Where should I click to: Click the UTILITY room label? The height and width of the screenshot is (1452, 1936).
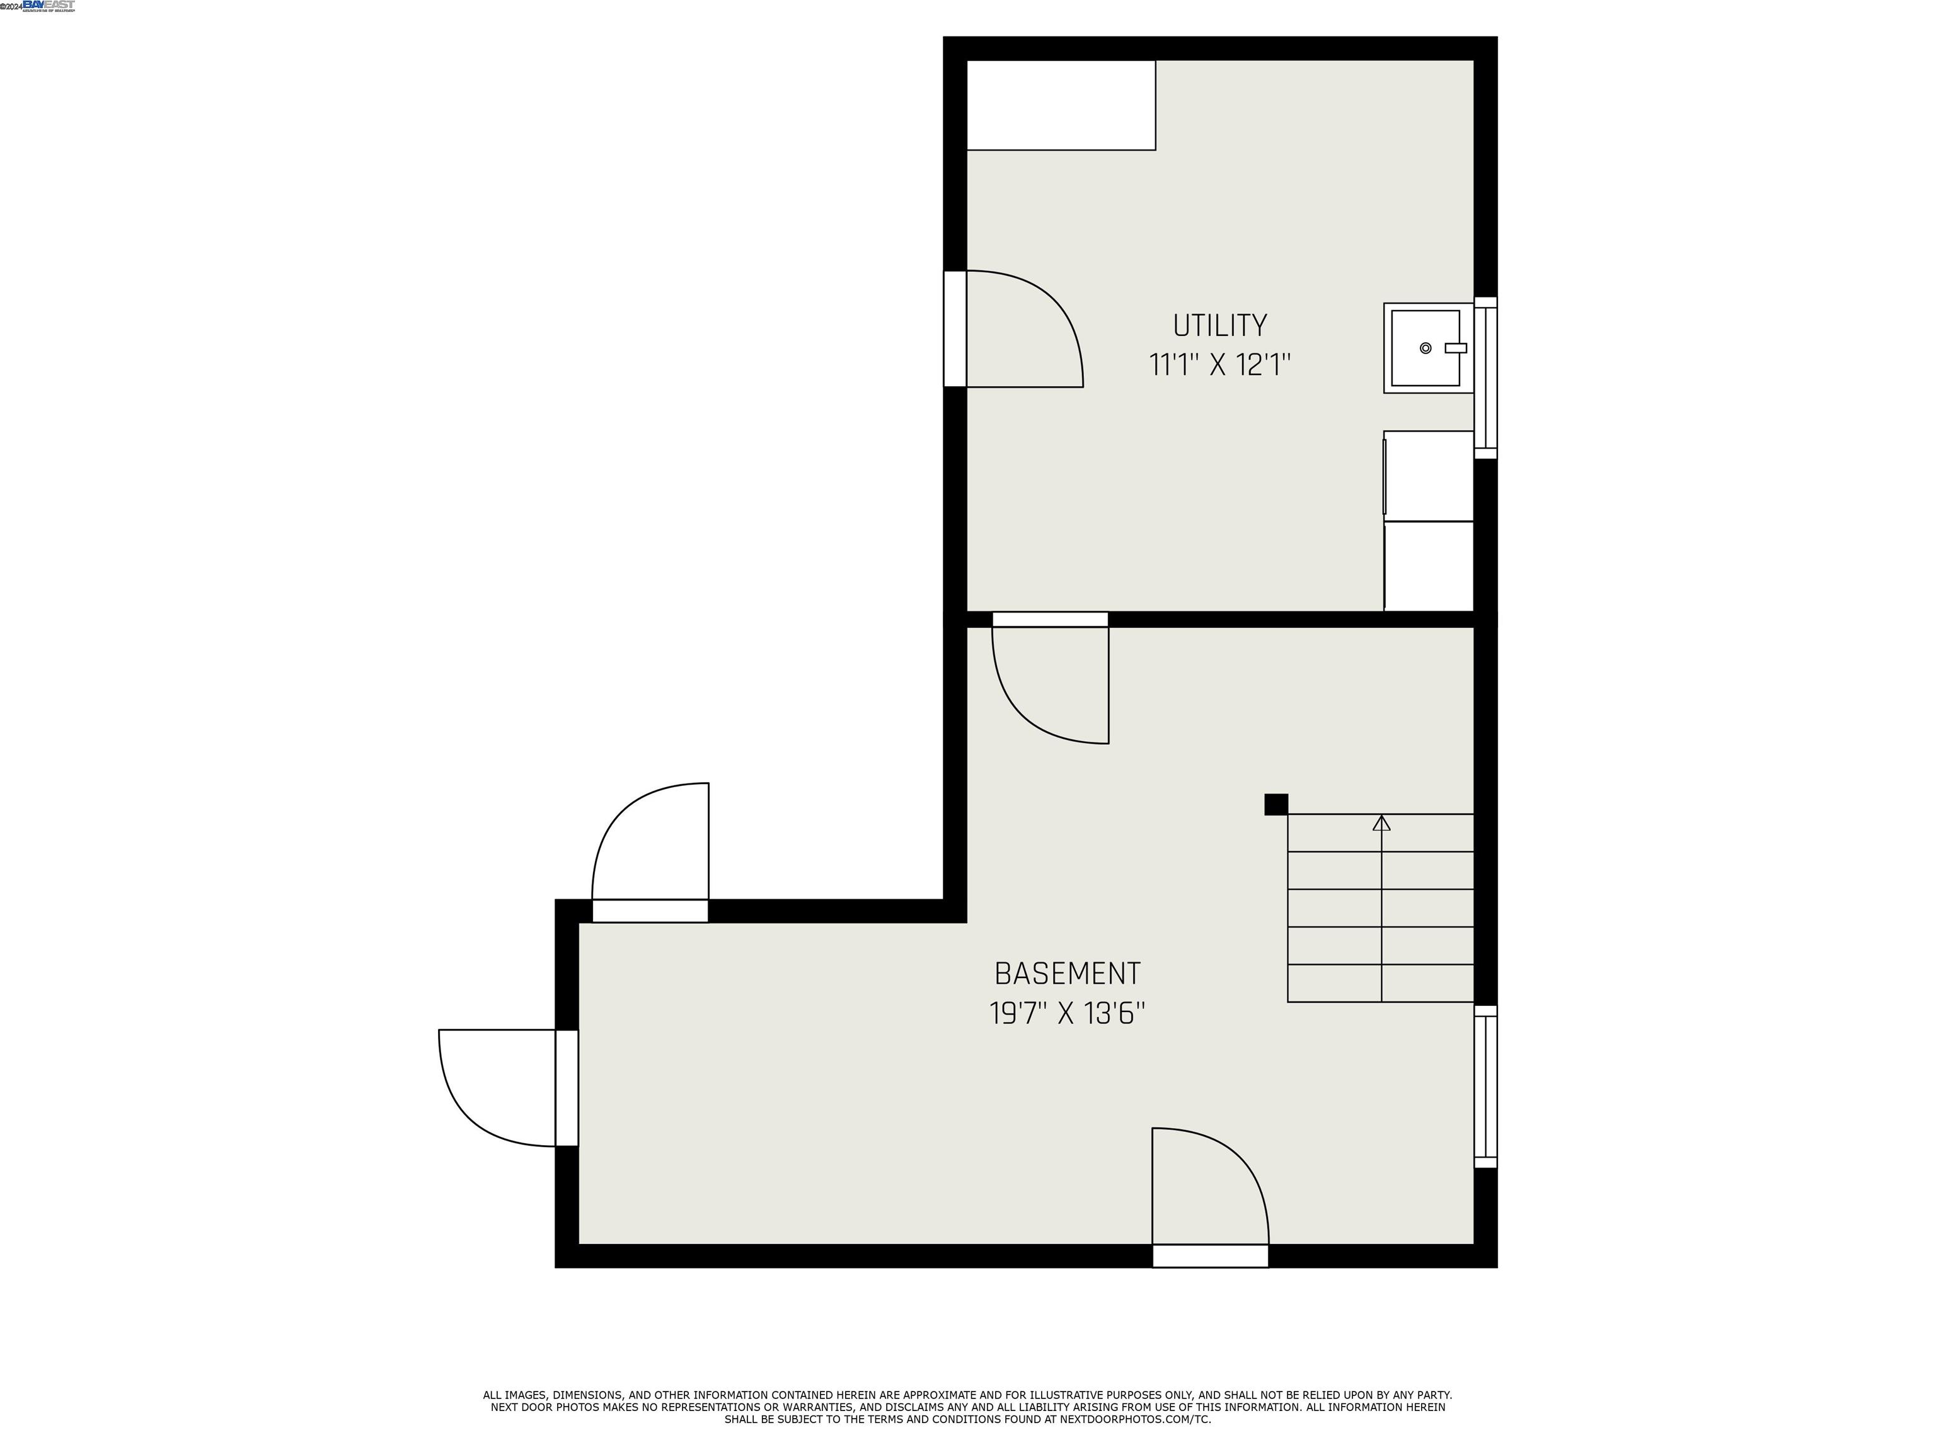click(1219, 326)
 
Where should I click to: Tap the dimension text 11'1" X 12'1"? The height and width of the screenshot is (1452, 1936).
click(1219, 364)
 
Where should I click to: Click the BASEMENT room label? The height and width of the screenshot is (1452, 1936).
click(1067, 973)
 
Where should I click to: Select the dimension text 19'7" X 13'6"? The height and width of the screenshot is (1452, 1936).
click(1067, 1013)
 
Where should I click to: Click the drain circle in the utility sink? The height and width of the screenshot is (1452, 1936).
click(1425, 349)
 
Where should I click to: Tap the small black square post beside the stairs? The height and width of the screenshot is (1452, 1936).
click(1276, 804)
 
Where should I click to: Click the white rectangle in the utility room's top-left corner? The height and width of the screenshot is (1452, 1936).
click(1060, 105)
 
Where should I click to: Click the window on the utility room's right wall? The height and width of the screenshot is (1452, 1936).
click(1485, 377)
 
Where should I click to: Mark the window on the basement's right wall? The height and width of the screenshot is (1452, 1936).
click(1485, 1086)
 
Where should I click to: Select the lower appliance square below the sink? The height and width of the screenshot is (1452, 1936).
click(1429, 567)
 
